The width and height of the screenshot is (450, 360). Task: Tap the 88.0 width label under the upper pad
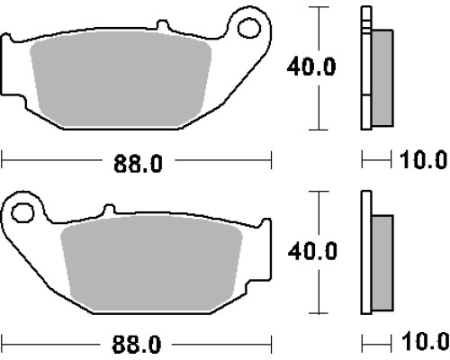138,164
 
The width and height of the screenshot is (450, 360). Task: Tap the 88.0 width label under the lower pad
137,345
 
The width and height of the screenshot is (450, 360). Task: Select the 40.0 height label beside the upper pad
311,67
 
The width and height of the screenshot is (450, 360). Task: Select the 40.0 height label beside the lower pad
312,251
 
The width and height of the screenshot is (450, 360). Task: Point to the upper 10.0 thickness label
424,160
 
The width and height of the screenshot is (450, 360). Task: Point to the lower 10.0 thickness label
425,341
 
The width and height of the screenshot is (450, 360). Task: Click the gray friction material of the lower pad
151,263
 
